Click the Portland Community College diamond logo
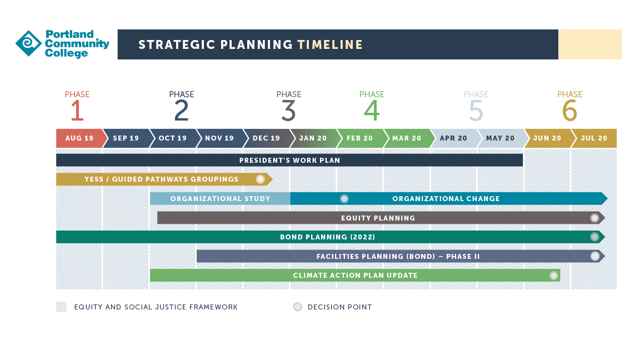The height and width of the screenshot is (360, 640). [28, 43]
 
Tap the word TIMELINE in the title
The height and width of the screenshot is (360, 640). [330, 44]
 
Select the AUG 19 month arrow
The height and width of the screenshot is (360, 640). [79, 138]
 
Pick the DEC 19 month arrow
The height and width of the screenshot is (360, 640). [267, 138]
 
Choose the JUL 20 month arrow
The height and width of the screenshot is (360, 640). [594, 138]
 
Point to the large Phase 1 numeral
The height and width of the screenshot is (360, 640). [77, 111]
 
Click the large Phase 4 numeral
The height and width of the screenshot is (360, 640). [372, 111]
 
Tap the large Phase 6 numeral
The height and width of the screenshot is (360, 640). [570, 111]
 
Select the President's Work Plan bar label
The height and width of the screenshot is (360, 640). [290, 161]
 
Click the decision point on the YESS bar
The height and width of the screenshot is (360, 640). [260, 179]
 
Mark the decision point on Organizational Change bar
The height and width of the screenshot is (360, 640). [344, 199]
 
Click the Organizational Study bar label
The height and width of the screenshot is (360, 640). [221, 199]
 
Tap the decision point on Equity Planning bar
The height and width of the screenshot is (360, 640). [594, 218]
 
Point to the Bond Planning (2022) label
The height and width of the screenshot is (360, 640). [327, 237]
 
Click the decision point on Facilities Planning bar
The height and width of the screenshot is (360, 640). [595, 256]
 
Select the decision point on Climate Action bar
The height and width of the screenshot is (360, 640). [553, 276]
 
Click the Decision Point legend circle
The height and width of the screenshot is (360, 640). [298, 307]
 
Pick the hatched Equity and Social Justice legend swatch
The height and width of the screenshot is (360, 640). [61, 307]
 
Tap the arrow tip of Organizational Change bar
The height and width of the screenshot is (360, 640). [607, 199]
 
